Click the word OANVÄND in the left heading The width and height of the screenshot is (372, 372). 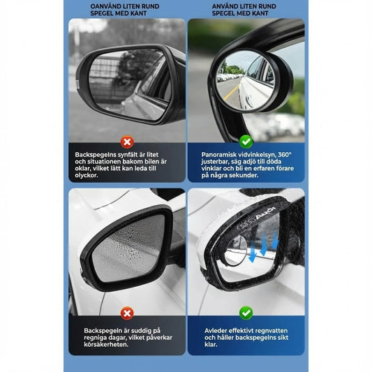click(106, 6)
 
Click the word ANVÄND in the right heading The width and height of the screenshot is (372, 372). click(225, 6)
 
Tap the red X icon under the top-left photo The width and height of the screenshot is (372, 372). click(127, 142)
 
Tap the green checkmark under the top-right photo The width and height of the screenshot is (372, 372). click(246, 142)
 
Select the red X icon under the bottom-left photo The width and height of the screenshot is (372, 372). click(127, 313)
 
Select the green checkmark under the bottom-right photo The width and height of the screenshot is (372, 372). click(246, 313)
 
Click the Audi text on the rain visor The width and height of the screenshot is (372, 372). click(266, 214)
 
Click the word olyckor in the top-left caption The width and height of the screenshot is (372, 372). click(87, 175)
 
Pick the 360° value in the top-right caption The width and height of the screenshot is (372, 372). click(285, 155)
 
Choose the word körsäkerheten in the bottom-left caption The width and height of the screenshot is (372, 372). click(106, 344)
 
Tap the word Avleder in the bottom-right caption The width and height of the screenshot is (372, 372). click(216, 331)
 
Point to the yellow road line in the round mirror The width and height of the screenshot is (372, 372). click(231, 93)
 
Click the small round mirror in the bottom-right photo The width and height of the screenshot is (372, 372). click(235, 250)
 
